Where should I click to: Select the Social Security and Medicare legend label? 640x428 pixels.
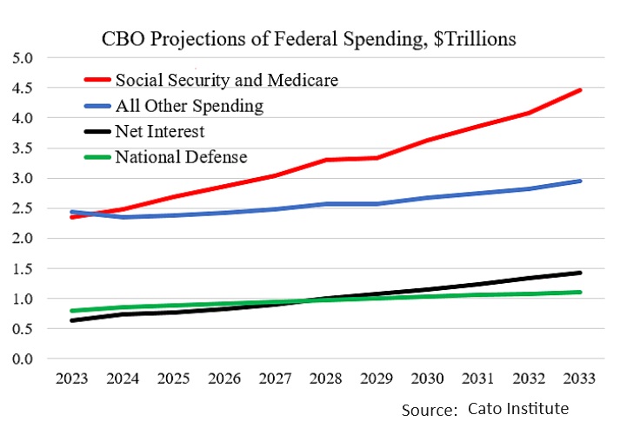[227, 80]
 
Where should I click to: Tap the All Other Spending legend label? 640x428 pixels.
[190, 106]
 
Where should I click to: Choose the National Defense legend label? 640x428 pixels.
[182, 158]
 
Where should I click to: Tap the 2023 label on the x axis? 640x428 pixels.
[70, 379]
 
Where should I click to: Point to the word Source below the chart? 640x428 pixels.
[429, 409]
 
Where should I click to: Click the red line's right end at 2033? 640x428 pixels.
[580, 90]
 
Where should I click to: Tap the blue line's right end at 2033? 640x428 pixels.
[580, 181]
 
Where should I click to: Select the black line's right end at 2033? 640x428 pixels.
[580, 273]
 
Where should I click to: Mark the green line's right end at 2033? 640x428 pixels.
[580, 292]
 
